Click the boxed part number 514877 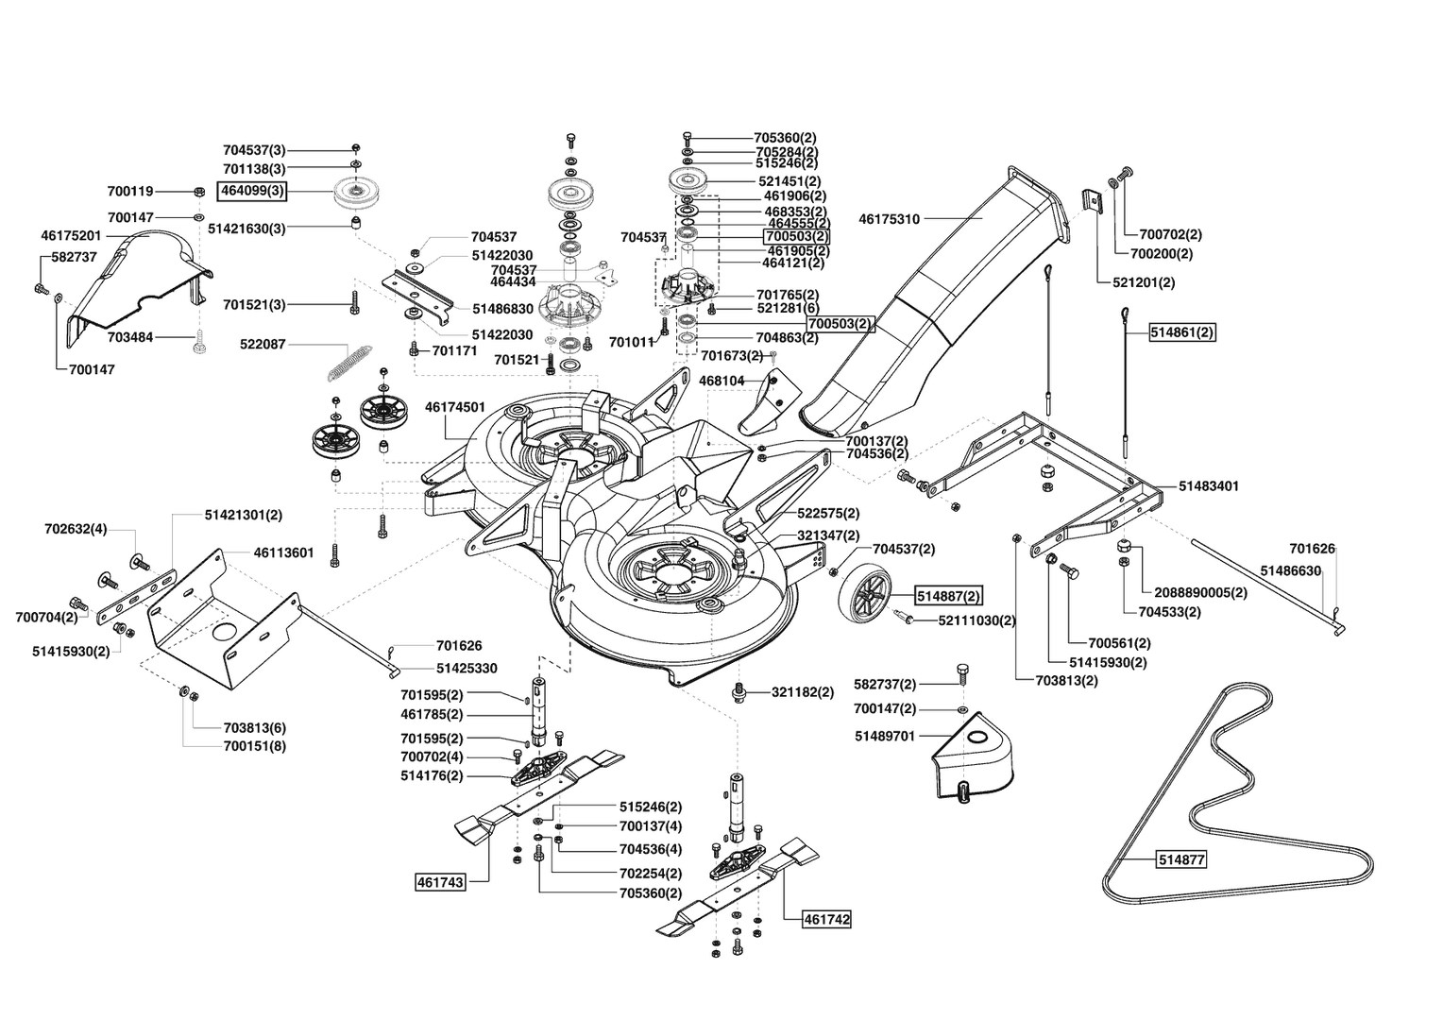click(1181, 859)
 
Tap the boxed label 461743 click(440, 881)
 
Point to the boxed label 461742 click(826, 919)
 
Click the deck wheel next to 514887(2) click(864, 597)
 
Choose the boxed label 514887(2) click(948, 597)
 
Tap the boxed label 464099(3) click(252, 192)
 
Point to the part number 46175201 click(71, 236)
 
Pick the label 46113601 click(283, 552)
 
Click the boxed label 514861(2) click(1182, 332)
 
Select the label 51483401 click(1209, 485)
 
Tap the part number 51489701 click(885, 736)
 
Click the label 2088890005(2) click(1200, 593)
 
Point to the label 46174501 click(455, 407)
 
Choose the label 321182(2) click(803, 692)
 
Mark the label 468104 click(721, 381)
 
